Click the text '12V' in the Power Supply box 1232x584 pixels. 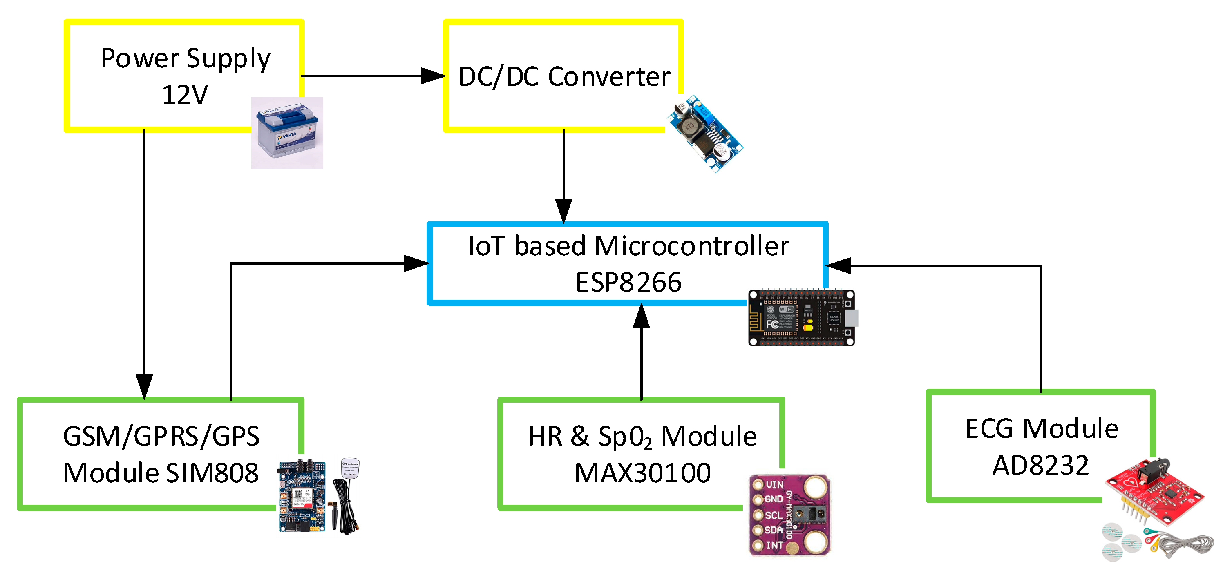pos(185,95)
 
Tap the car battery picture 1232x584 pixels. pos(287,133)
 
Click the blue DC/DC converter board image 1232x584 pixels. pos(704,134)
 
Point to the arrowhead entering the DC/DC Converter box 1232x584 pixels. pos(433,76)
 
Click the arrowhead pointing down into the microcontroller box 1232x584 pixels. pos(563,210)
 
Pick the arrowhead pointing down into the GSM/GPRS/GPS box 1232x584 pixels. pos(144,386)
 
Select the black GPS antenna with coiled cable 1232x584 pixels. pos(348,497)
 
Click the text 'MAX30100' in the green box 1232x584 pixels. pos(642,473)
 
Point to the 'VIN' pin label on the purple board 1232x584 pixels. pos(775,485)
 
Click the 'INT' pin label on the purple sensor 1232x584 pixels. pos(774,545)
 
